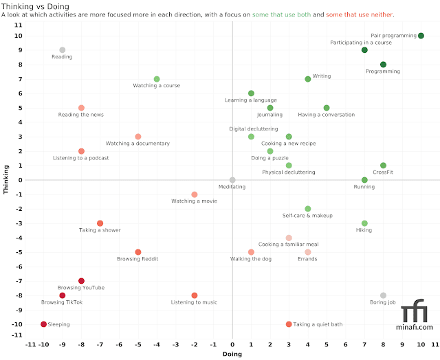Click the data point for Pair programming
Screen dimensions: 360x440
[x=421, y=36]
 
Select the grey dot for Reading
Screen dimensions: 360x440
[x=62, y=50]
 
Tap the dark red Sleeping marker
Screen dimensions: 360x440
[x=43, y=324]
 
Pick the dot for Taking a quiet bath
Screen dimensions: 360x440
[x=289, y=324]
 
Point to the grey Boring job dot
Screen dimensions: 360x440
[x=383, y=295]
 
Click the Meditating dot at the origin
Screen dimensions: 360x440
[x=232, y=180]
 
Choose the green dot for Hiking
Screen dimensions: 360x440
[x=364, y=223]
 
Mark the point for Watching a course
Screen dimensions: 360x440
[x=157, y=79]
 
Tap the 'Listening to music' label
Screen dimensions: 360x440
[x=194, y=302]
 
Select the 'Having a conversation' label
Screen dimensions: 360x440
[x=326, y=115]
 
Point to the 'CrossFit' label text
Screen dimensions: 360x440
[x=383, y=172]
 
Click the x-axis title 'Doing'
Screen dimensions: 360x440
[x=232, y=354]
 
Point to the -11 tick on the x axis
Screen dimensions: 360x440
[x=31, y=344]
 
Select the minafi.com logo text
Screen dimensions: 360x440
[x=417, y=327]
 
